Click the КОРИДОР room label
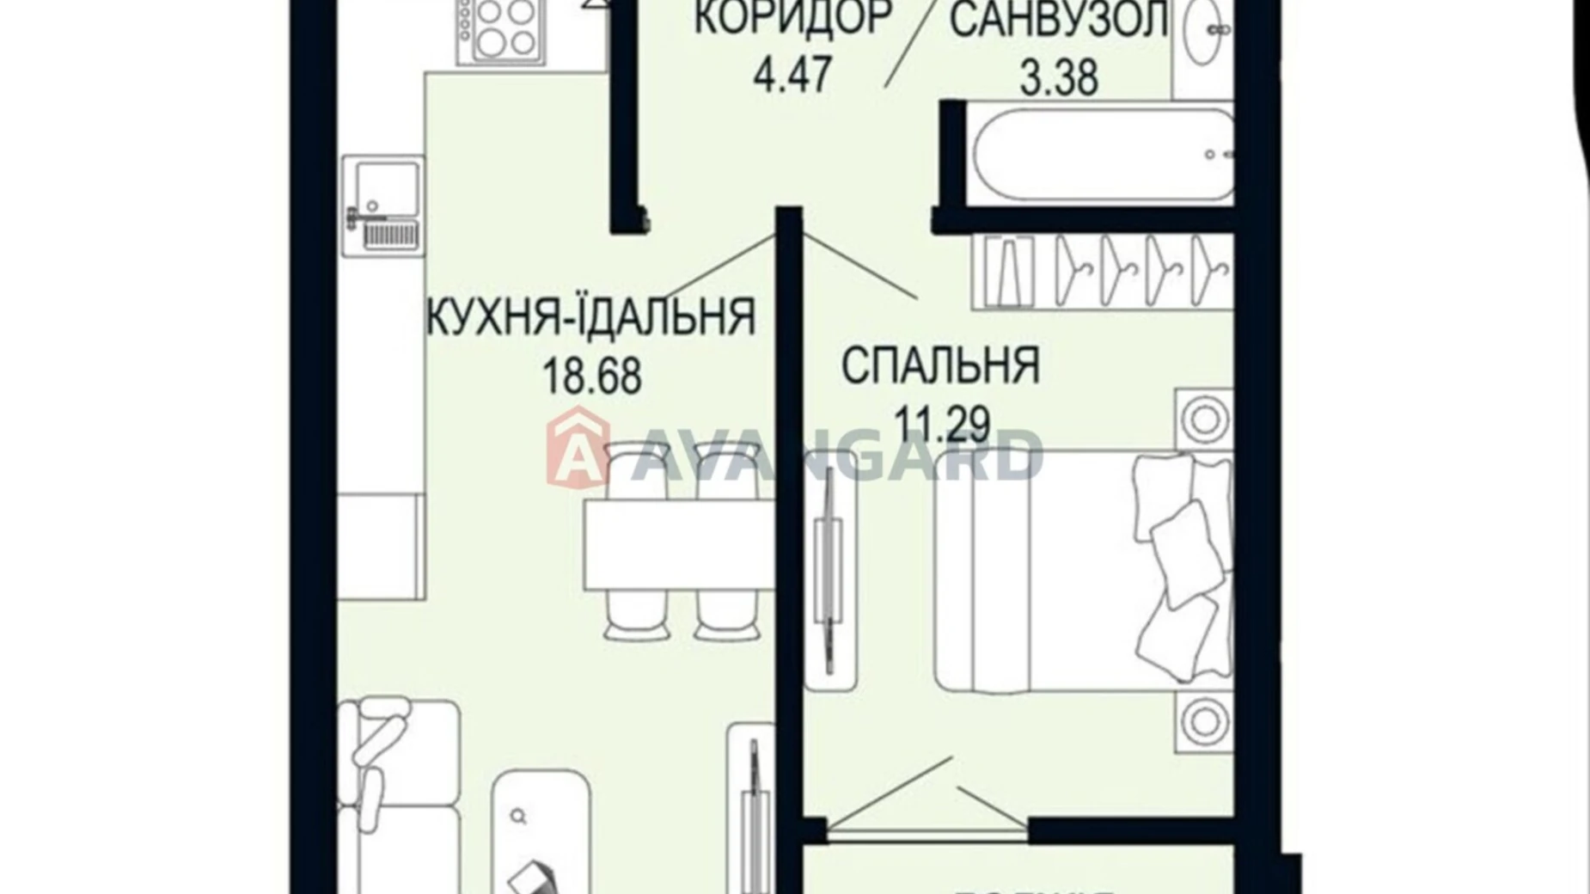point(792,19)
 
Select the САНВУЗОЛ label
point(1059,21)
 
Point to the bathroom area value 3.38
point(1059,77)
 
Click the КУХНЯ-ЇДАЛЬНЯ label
point(591,316)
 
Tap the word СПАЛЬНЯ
point(940,365)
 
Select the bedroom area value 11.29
point(942,423)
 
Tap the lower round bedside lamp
point(1203,719)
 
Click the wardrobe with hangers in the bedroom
point(1104,271)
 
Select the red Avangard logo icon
point(578,447)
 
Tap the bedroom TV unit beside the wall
point(831,578)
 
